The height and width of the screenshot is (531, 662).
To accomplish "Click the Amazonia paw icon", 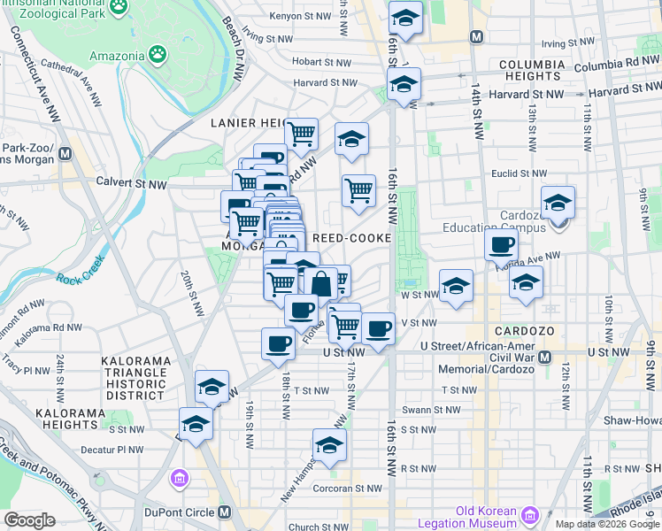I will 158,55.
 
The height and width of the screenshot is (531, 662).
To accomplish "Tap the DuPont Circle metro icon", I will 225,512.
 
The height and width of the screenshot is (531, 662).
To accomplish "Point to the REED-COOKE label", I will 351,238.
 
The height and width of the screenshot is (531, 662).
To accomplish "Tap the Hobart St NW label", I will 325,62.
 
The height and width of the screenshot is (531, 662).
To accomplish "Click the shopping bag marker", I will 320,284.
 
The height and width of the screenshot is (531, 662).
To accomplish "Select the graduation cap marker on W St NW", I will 456,286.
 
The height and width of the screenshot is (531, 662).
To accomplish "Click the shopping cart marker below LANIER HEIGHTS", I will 301,135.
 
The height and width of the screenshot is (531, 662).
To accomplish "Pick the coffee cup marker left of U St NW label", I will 279,343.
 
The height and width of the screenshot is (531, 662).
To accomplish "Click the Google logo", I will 30,520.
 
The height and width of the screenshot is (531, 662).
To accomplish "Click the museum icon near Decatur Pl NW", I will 181,479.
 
